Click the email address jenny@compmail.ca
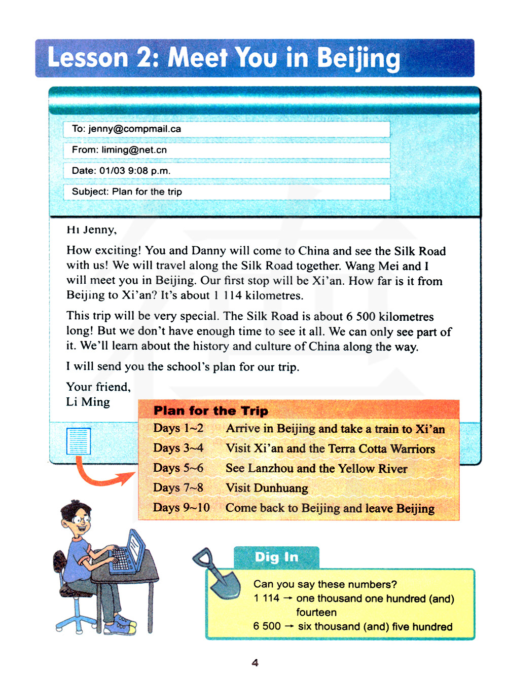[x=134, y=129]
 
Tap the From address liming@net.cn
[x=134, y=150]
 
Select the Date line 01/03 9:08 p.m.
[x=134, y=171]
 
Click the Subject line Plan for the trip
[x=147, y=192]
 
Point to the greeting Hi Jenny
[x=91, y=230]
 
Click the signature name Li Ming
[x=88, y=402]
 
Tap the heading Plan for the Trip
[x=211, y=410]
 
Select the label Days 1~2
[x=178, y=428]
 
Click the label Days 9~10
[x=181, y=507]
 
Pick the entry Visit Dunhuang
[x=267, y=488]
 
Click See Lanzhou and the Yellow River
[x=316, y=468]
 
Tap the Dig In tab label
[x=276, y=557]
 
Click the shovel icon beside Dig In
[x=217, y=573]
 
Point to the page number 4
[x=255, y=662]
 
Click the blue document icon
[x=79, y=441]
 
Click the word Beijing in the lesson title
[x=358, y=58]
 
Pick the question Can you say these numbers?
[x=325, y=584]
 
